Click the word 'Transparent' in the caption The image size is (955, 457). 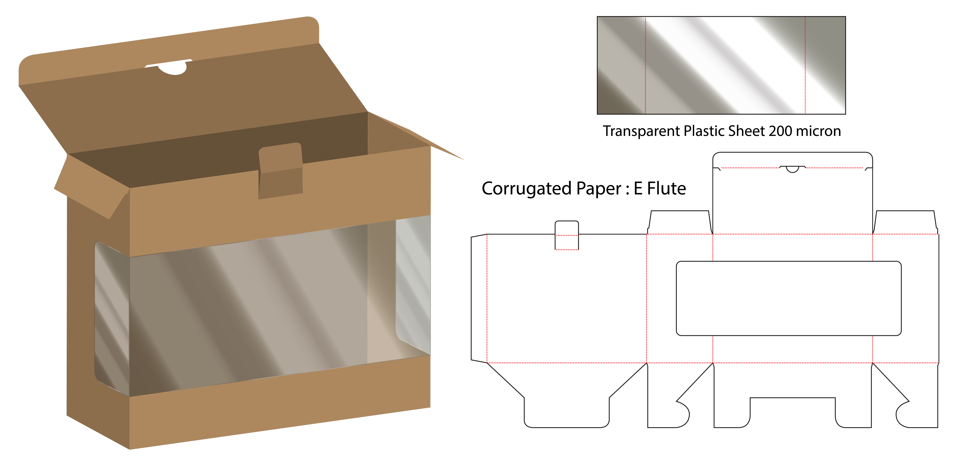tap(641, 131)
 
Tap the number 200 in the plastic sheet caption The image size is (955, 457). tap(780, 131)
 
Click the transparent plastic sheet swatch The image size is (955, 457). tap(721, 65)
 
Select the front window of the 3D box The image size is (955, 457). tap(248, 308)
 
